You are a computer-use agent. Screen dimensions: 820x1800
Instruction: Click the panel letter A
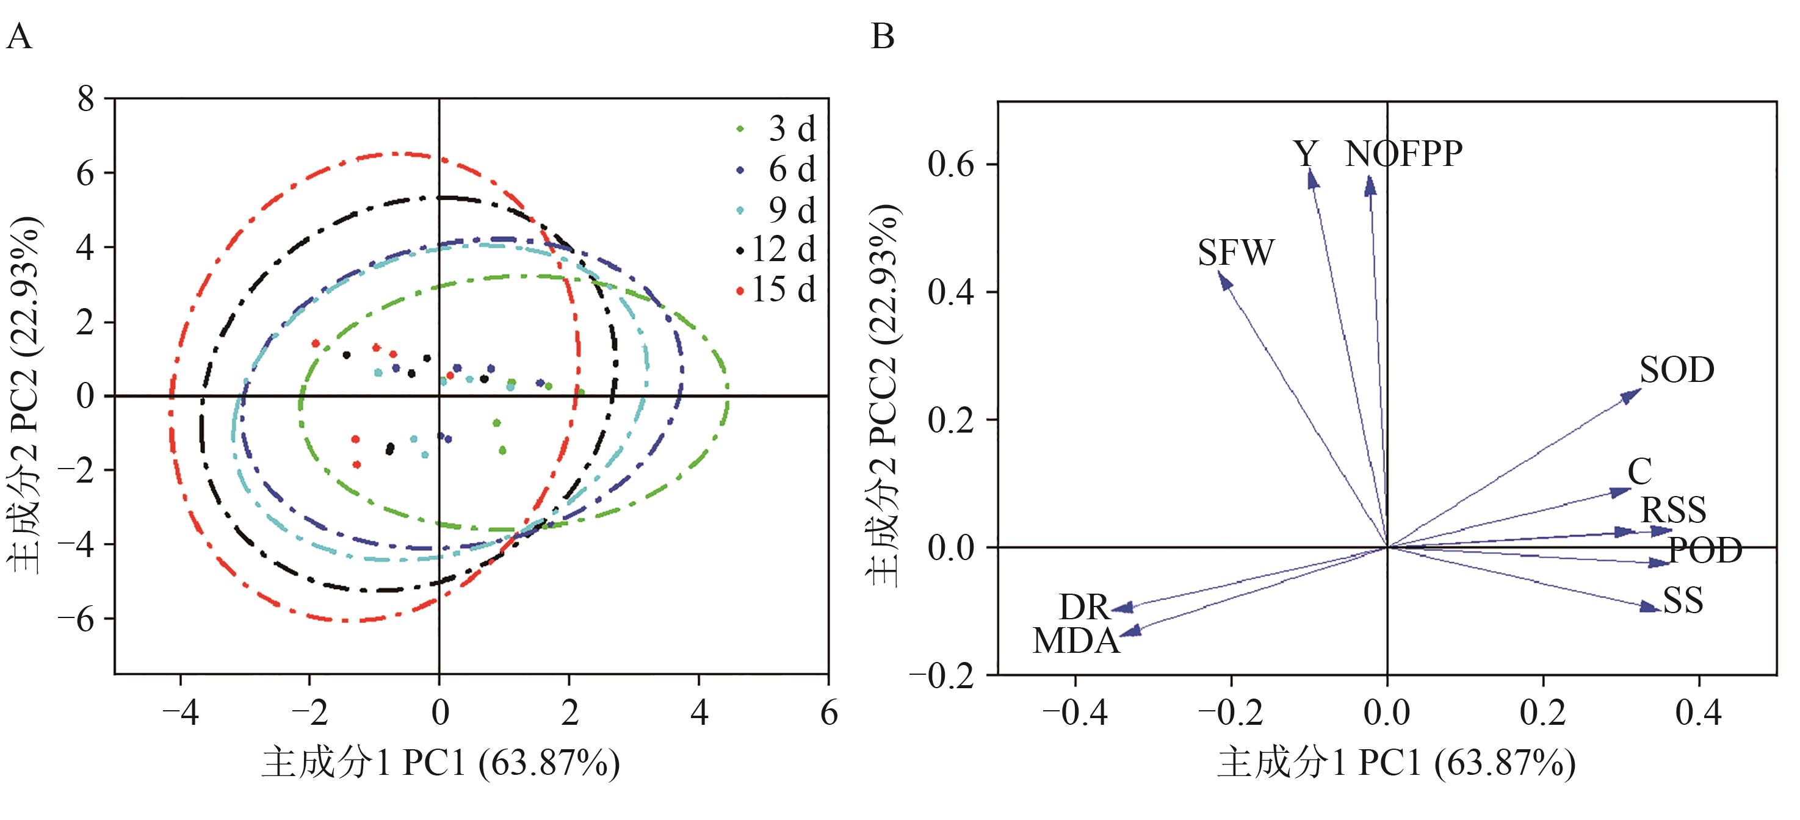[x=19, y=37]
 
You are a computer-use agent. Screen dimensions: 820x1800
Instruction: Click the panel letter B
[x=883, y=37]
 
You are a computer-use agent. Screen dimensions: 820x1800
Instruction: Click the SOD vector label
[x=1676, y=370]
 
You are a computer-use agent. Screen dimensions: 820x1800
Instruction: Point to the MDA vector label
[x=1076, y=641]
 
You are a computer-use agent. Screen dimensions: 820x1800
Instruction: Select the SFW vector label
[x=1235, y=253]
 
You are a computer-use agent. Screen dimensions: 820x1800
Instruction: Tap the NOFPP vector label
[x=1403, y=154]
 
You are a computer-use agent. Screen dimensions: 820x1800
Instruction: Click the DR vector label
[x=1084, y=607]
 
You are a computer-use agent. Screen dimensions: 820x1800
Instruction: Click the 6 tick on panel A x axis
[x=829, y=713]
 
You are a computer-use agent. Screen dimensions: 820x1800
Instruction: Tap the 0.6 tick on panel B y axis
[x=950, y=165]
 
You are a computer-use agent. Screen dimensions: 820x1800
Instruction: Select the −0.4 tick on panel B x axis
[x=1075, y=713]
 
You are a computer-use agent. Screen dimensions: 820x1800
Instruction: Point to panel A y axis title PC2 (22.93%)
[x=24, y=395]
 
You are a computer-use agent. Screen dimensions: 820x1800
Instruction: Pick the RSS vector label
[x=1673, y=510]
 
